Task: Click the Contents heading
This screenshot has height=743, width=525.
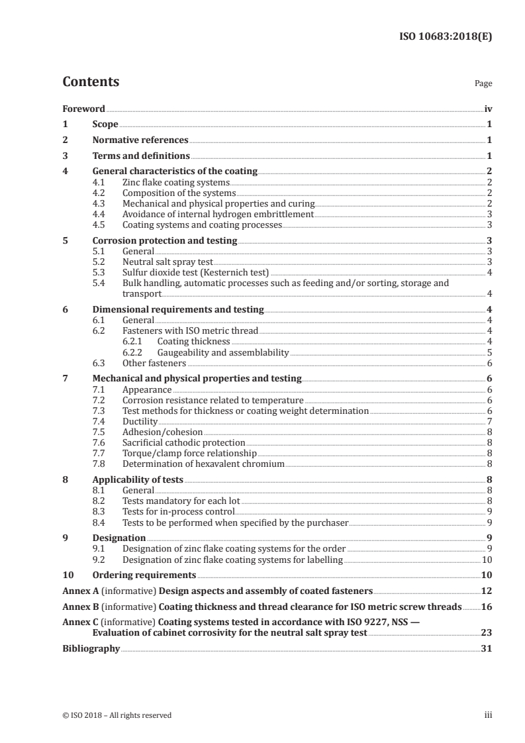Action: (x=91, y=83)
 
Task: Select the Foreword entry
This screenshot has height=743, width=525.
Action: (x=83, y=109)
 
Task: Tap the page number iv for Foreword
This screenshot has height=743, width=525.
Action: (x=487, y=109)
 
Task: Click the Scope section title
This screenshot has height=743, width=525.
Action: (x=105, y=124)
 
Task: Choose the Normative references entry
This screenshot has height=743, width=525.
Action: (x=140, y=140)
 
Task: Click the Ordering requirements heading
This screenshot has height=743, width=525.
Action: (x=144, y=575)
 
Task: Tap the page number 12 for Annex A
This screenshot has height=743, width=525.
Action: (x=487, y=591)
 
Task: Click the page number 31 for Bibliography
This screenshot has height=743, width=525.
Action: (x=487, y=650)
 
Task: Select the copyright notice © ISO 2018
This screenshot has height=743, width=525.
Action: (x=117, y=715)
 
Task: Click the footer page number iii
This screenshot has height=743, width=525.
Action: (x=489, y=715)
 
